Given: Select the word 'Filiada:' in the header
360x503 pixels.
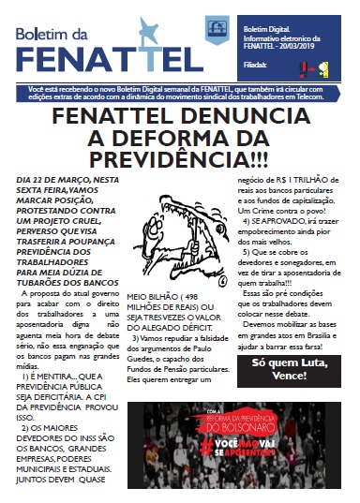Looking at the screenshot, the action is pos(254,66).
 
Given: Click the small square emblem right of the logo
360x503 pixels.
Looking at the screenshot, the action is pos(216,29).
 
